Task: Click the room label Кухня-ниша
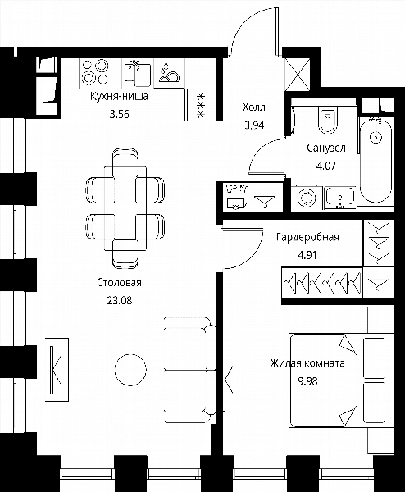click(x=119, y=96)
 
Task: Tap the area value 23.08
click(x=120, y=301)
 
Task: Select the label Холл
click(x=254, y=107)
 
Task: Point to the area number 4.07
click(x=326, y=166)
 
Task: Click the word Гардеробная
click(x=307, y=237)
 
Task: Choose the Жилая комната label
click(x=307, y=363)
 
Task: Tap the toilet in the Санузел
click(x=328, y=120)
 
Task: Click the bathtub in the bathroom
click(x=375, y=160)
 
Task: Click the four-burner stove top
click(x=95, y=72)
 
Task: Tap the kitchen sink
click(x=138, y=74)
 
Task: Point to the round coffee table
click(x=130, y=370)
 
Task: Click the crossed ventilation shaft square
click(x=298, y=75)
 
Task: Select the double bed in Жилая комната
click(x=340, y=380)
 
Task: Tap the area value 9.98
click(x=307, y=381)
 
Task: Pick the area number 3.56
click(x=119, y=114)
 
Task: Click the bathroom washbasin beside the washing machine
click(x=340, y=197)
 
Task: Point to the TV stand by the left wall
click(x=57, y=369)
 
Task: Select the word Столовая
click(x=119, y=283)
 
